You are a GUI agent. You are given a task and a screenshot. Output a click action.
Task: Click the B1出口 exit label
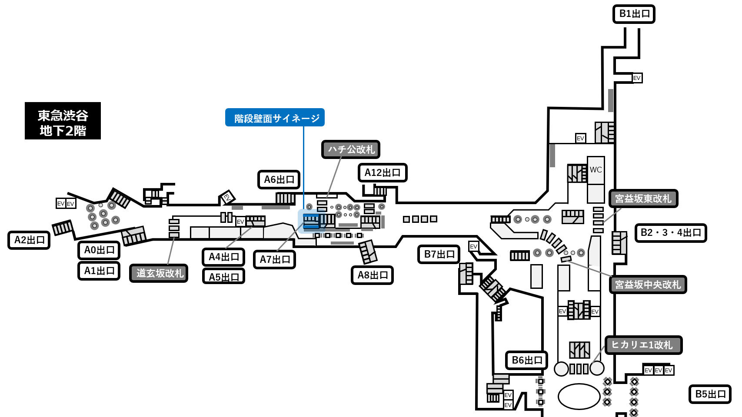pyautogui.click(x=634, y=14)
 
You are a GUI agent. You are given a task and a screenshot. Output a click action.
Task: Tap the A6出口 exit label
pyautogui.click(x=279, y=180)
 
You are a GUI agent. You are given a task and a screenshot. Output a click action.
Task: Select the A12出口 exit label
pyautogui.click(x=383, y=172)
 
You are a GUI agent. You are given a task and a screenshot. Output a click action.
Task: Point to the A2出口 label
pyautogui.click(x=29, y=240)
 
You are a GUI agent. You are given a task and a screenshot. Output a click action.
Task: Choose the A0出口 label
pyautogui.click(x=99, y=250)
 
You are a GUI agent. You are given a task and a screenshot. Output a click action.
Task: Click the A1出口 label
pyautogui.click(x=99, y=271)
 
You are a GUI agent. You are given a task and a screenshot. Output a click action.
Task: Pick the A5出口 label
pyautogui.click(x=223, y=276)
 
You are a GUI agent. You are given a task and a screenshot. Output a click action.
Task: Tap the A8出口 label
pyautogui.click(x=373, y=275)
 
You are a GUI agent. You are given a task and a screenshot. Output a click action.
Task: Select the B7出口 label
pyautogui.click(x=439, y=254)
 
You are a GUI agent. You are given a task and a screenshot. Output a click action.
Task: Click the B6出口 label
pyautogui.click(x=527, y=360)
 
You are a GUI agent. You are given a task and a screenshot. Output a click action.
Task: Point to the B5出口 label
pyautogui.click(x=710, y=394)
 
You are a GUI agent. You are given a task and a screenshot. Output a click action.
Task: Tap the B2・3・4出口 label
pyautogui.click(x=671, y=233)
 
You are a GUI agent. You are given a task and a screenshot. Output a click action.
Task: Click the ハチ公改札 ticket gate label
pyautogui.click(x=351, y=149)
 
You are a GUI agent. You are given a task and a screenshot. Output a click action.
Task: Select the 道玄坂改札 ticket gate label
pyautogui.click(x=159, y=273)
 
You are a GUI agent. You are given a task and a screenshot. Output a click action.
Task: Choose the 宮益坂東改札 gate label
pyautogui.click(x=643, y=199)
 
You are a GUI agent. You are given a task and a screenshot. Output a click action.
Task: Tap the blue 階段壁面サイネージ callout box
pyautogui.click(x=275, y=117)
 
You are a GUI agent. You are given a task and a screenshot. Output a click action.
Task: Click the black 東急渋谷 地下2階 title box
pyautogui.click(x=63, y=121)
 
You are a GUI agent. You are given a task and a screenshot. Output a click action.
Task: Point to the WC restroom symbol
pyautogui.click(x=596, y=170)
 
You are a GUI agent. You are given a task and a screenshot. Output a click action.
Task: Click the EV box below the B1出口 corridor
pyautogui.click(x=637, y=78)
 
